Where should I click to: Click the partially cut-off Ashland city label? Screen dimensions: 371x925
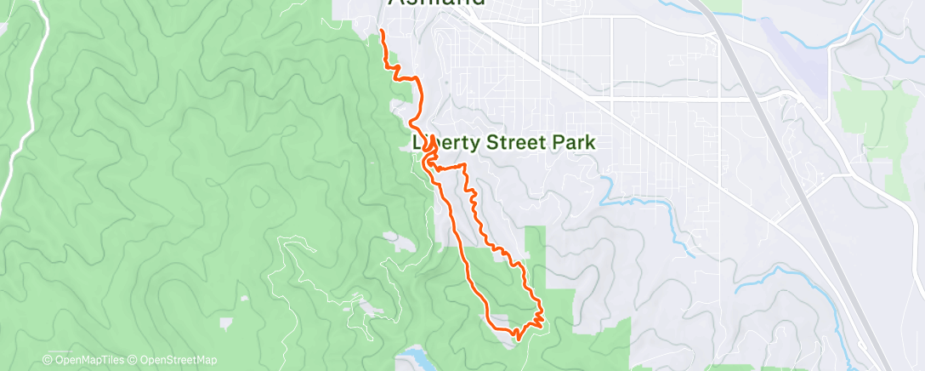437,3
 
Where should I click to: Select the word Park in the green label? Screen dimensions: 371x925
570,143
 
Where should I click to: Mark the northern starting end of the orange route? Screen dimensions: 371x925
381,31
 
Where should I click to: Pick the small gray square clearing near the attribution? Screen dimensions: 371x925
225,322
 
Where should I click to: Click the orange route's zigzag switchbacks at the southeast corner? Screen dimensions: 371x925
537,317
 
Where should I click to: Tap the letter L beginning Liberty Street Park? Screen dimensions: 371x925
417,143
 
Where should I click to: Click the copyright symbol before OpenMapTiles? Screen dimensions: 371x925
47,361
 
